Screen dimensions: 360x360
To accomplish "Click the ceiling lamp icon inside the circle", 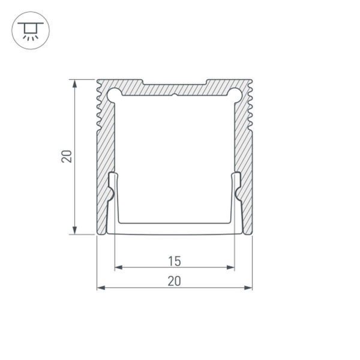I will tap(28, 29).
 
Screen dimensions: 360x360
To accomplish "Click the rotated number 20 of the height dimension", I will tap(67, 156).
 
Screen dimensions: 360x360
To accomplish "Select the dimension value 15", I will tap(174, 261).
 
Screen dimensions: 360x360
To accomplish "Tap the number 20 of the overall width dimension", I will tap(174, 280).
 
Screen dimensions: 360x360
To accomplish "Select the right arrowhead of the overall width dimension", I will tap(248, 287).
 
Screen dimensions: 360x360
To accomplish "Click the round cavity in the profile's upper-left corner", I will tap(113, 93).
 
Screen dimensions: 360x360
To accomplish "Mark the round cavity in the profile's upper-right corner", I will tap(236, 93).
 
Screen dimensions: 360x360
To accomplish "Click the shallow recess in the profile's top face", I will tap(174, 83).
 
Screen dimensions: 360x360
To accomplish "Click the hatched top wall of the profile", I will tap(174, 89).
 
